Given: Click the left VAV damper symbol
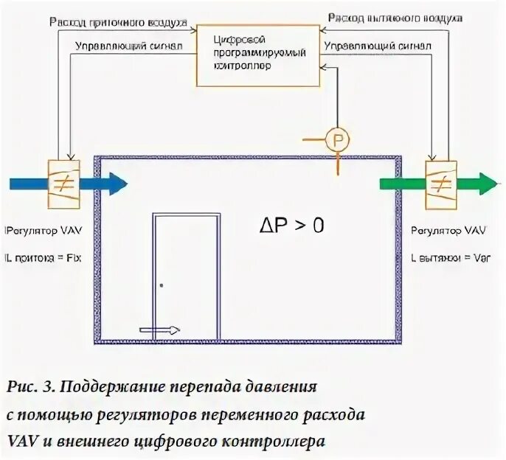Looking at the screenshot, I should coord(65,180).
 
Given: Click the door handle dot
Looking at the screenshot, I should coord(162,285).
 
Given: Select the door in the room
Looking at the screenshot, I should coord(186,277).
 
